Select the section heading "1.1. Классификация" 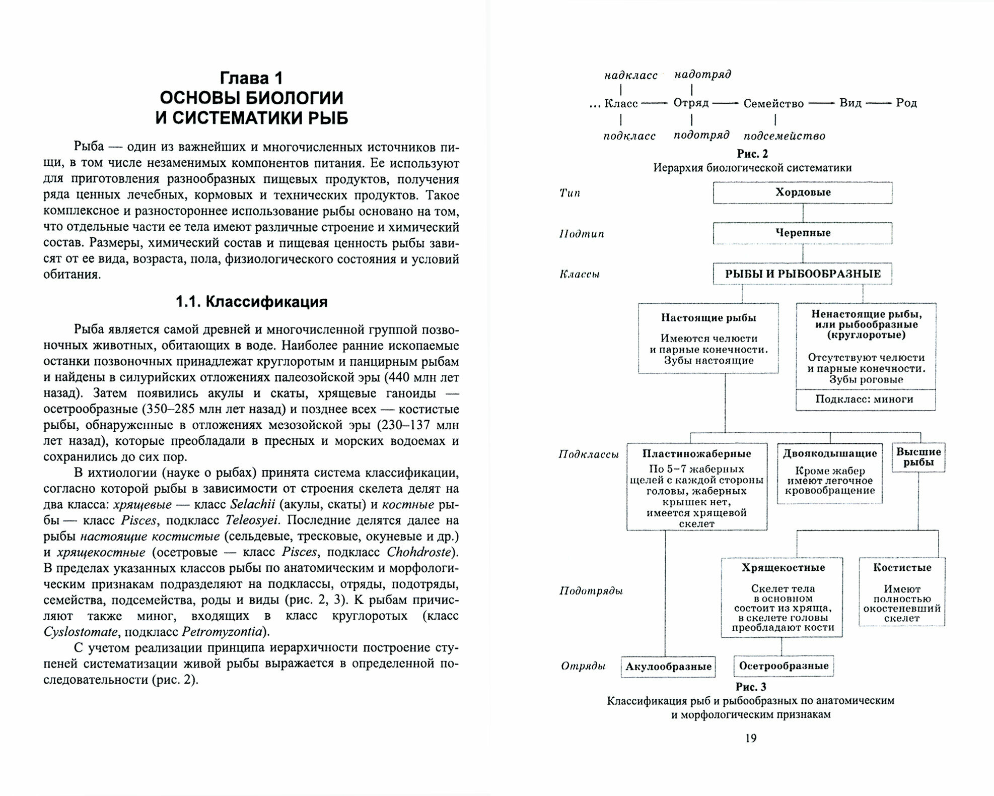click(251, 302)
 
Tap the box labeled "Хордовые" click(803, 192)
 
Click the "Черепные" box click(803, 233)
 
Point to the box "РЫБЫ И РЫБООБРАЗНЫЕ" click(803, 274)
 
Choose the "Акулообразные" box click(668, 667)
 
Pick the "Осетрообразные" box click(784, 666)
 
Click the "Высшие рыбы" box click(918, 457)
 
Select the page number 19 click(750, 738)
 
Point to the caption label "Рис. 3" click(751, 687)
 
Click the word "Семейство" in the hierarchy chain click(773, 103)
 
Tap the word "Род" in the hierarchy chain click(906, 103)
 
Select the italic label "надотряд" click(702, 75)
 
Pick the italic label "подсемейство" click(784, 136)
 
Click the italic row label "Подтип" click(582, 234)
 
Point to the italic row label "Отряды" click(583, 666)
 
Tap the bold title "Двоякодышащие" click(829, 453)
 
